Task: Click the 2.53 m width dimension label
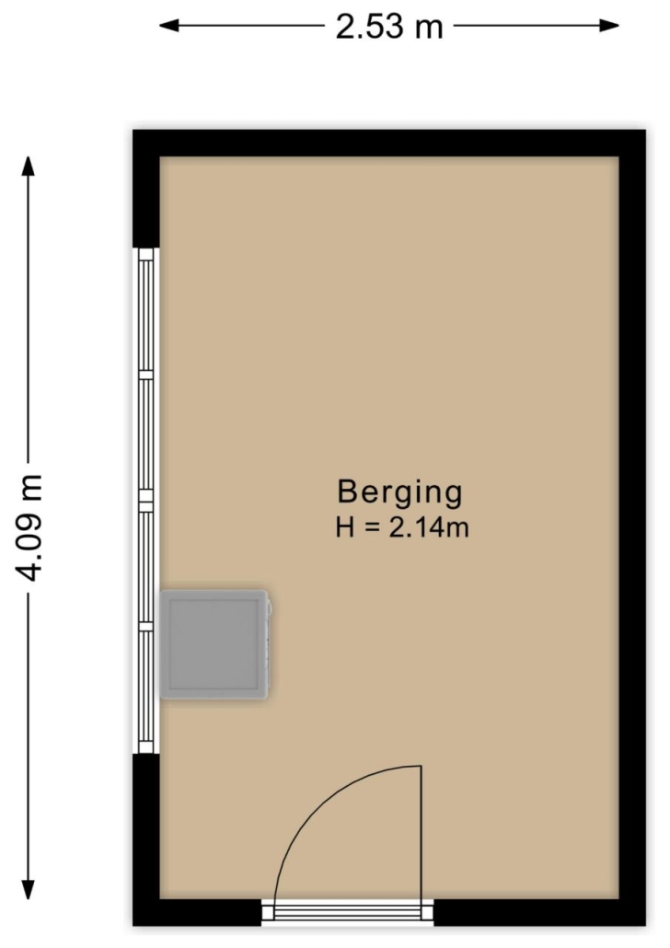point(389,27)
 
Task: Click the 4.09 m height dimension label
point(29,527)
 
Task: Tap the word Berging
point(399,492)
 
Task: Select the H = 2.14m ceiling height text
point(402,527)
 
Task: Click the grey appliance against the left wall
point(214,644)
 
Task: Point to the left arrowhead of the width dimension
point(169,26)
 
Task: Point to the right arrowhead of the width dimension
point(609,26)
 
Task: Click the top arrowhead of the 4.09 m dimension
point(28,167)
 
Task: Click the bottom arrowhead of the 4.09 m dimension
point(28,889)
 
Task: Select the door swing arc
point(315,799)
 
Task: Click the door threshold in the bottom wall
point(348,912)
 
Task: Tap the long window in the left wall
point(145,501)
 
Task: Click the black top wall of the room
point(389,144)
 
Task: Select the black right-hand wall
point(632,527)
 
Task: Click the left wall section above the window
point(146,189)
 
